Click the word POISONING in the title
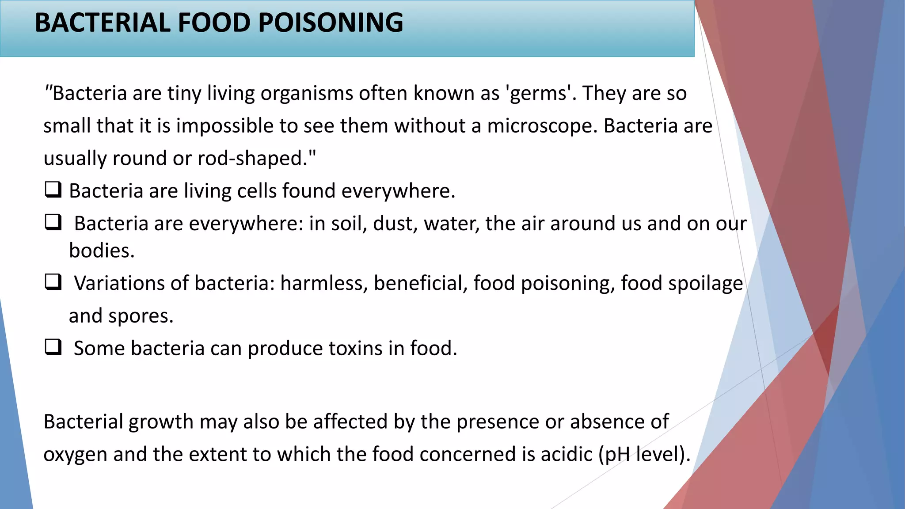point(330,23)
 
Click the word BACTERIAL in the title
point(102,23)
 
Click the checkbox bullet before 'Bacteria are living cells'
point(53,190)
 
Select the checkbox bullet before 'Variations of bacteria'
point(53,282)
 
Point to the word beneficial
point(421,283)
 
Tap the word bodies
point(102,251)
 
